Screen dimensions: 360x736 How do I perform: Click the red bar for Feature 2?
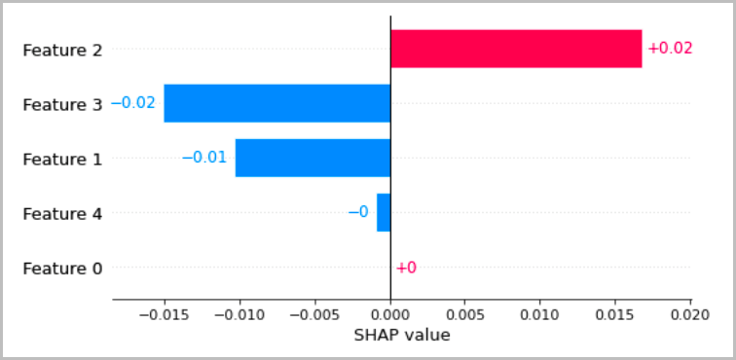516,49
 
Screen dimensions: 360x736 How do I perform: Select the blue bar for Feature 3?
276,103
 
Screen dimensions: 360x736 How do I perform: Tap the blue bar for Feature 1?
313,158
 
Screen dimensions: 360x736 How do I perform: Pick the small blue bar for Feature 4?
384,212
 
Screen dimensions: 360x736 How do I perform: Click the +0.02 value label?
670,49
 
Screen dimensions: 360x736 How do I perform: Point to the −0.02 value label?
133,103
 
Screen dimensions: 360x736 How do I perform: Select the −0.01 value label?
204,158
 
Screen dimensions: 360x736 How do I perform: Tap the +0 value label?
406,268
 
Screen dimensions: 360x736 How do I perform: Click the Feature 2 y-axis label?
62,49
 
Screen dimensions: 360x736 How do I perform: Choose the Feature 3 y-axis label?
62,103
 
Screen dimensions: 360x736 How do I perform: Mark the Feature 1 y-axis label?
62,158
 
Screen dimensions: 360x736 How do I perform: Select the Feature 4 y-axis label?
62,213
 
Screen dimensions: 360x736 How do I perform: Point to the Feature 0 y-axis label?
62,268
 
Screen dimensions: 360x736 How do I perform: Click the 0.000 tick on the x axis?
390,314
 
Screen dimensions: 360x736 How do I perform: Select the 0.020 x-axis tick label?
690,314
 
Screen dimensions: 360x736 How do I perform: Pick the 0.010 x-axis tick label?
540,314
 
